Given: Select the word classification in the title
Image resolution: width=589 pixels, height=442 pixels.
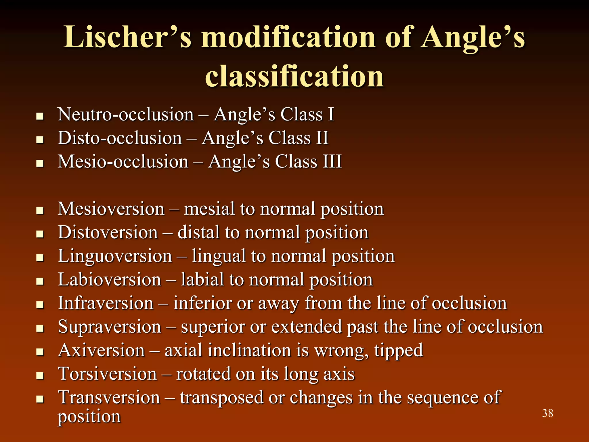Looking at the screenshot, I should point(294,76).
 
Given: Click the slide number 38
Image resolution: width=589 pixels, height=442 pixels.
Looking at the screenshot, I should point(548,413).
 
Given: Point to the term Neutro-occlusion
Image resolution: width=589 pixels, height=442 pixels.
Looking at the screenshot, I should point(126,114).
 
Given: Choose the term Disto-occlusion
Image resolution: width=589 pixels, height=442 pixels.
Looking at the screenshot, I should point(120,138).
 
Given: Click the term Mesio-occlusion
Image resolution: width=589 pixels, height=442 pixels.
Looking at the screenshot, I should point(123,161).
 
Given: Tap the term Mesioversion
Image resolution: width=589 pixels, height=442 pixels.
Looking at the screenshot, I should point(111,209).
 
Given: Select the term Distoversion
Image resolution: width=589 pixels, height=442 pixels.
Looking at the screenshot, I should point(108,232).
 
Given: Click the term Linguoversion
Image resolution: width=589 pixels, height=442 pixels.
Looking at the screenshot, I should point(115,256).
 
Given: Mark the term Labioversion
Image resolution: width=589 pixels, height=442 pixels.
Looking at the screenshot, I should point(109,279).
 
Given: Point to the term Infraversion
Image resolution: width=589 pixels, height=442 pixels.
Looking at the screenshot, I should point(106,303).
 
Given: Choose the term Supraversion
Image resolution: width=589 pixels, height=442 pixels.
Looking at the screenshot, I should point(109,327).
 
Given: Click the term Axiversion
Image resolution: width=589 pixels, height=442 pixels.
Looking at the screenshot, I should point(101,350).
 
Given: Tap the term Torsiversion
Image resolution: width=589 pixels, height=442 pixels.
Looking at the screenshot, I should point(107,374).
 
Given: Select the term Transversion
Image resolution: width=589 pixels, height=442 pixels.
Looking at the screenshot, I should point(109,397).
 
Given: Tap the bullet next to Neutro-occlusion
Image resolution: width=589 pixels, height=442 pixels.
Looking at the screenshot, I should point(40,116).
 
